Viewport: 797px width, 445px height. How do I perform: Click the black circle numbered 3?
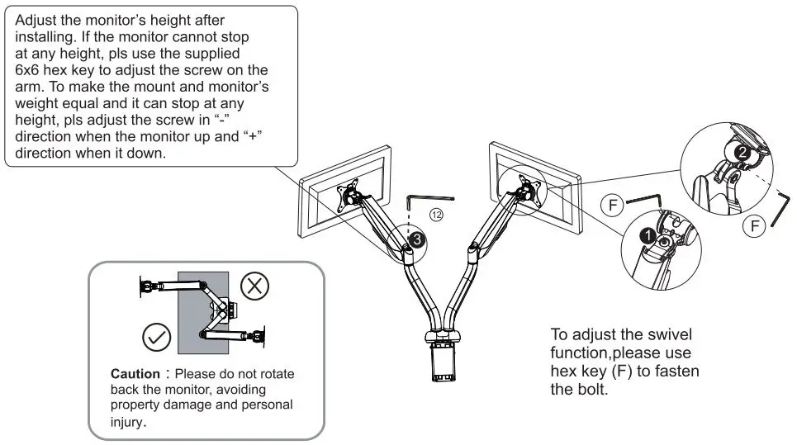click(x=418, y=239)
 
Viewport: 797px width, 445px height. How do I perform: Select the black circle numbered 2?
click(x=742, y=152)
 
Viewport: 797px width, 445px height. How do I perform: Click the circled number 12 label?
click(x=435, y=214)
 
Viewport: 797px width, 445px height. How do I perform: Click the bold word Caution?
click(x=135, y=374)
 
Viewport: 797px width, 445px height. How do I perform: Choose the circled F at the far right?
click(x=752, y=225)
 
